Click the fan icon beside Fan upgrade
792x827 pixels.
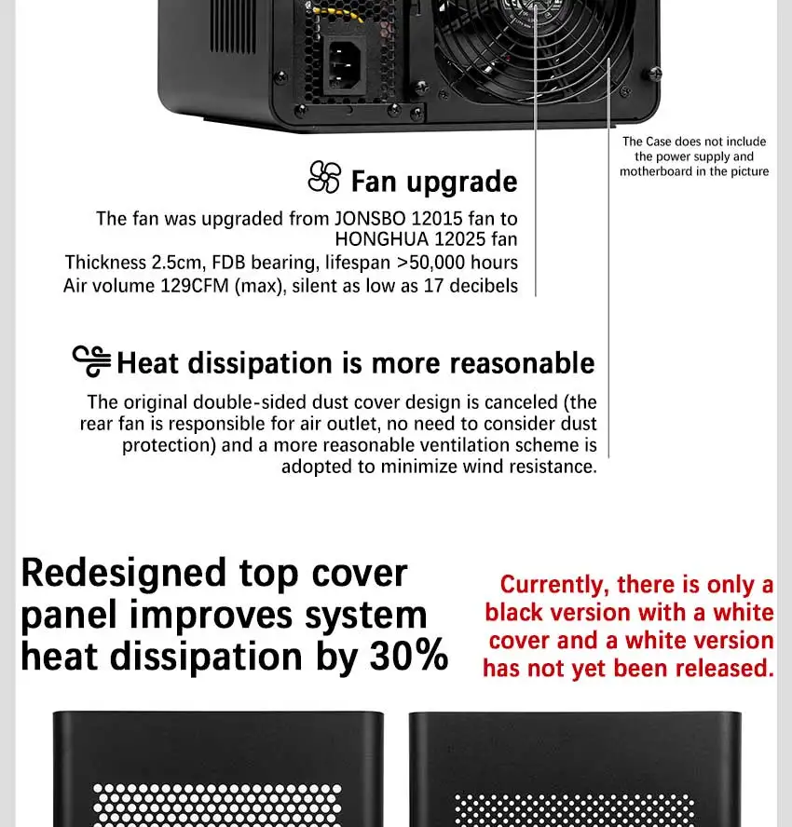[x=324, y=177]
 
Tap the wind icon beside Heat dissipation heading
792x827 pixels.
[x=91, y=361]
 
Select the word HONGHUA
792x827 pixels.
[x=381, y=239]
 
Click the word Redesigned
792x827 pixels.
[x=124, y=574]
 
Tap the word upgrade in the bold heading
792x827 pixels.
[x=462, y=182]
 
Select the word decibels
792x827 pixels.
[x=484, y=285]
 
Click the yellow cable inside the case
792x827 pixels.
[x=337, y=13]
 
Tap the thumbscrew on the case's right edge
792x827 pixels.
[x=655, y=74]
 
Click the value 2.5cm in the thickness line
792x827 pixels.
[x=178, y=263]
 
